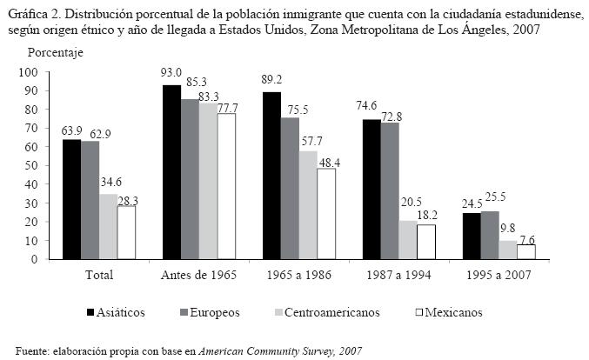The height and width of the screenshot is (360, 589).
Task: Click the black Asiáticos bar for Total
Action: pyautogui.click(x=71, y=199)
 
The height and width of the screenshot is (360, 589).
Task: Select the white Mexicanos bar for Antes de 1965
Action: pyautogui.click(x=228, y=186)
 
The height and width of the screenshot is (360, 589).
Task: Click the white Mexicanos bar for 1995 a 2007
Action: pyautogui.click(x=526, y=251)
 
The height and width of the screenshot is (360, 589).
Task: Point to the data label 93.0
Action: pyautogui.click(x=172, y=73)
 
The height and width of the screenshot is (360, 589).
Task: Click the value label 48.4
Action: pyautogui.click(x=328, y=159)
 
